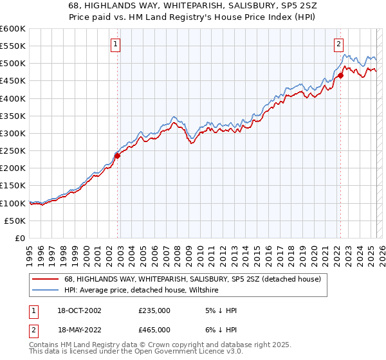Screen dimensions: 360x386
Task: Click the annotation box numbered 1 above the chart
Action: (115, 44)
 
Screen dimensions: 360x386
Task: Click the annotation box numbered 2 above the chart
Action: (338, 44)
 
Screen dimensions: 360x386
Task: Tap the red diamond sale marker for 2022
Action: (340, 76)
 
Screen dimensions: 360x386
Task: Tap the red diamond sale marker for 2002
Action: (118, 156)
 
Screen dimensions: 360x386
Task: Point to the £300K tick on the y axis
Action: (13, 133)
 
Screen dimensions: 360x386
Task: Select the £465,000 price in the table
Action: (154, 329)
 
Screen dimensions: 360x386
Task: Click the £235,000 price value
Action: (154, 310)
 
